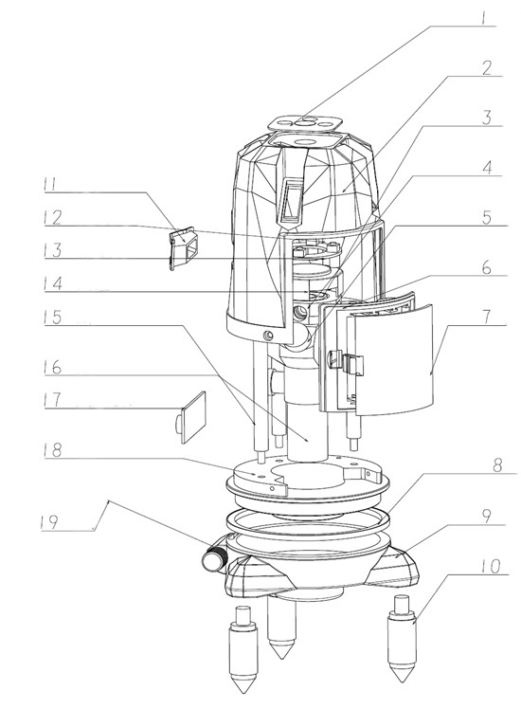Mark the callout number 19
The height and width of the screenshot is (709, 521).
[x=49, y=522]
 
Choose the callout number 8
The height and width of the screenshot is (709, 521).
[x=497, y=465]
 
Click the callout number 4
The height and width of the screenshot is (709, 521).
[x=487, y=168]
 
